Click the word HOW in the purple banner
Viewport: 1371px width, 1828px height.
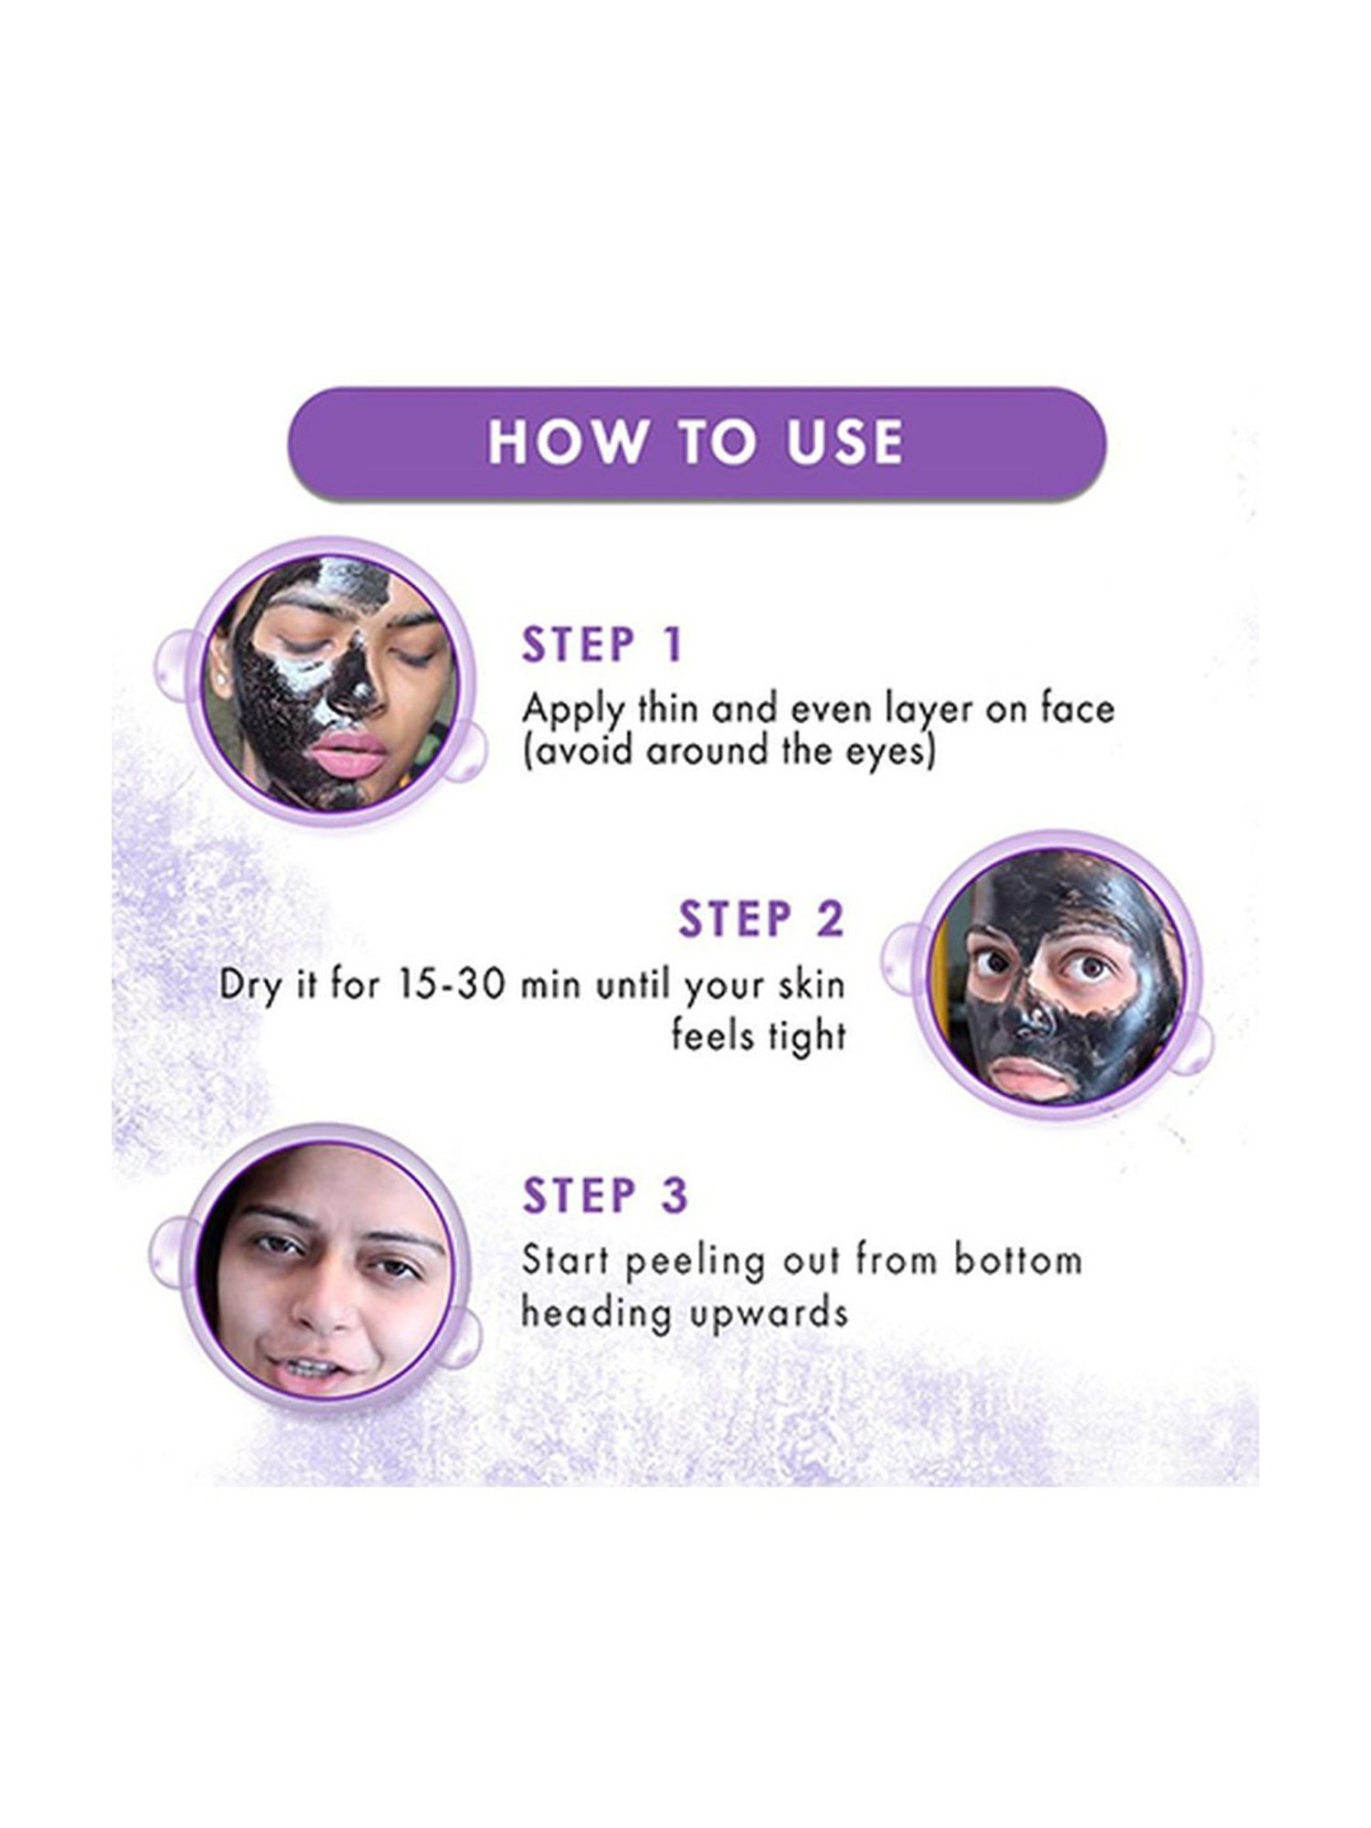click(x=565, y=441)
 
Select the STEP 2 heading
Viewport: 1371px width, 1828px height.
click(x=760, y=919)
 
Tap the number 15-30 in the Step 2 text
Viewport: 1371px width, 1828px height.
click(x=449, y=985)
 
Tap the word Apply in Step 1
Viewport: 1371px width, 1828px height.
click(x=573, y=711)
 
